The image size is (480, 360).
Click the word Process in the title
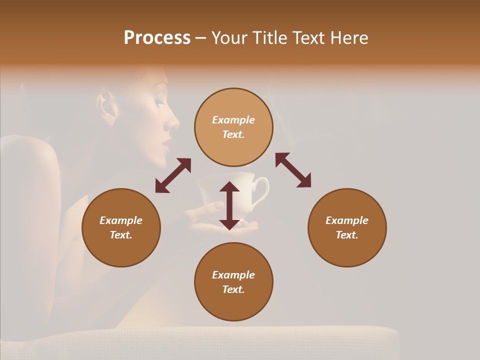[x=157, y=38]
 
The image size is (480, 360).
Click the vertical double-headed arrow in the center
[x=229, y=205]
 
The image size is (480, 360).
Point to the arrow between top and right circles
[x=293, y=170]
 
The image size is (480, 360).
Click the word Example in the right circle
[x=347, y=220]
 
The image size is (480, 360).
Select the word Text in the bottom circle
[x=233, y=289]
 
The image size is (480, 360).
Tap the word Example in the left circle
[x=121, y=220]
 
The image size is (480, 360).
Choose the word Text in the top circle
[x=233, y=134]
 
